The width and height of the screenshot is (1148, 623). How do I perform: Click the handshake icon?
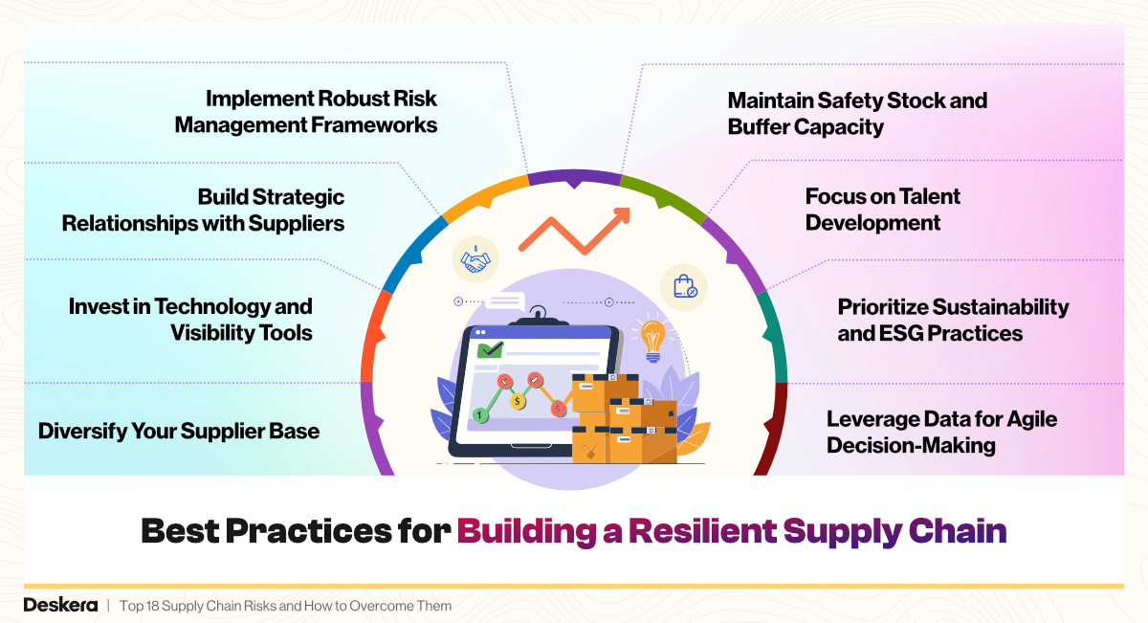(475, 258)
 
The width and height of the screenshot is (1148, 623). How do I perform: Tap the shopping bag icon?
(684, 285)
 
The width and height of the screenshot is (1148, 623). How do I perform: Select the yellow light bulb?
(653, 340)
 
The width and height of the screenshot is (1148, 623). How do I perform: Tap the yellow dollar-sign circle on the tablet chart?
(518, 400)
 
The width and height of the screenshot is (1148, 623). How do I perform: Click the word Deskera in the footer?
(60, 606)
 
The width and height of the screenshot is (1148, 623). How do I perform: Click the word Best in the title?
(186, 531)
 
